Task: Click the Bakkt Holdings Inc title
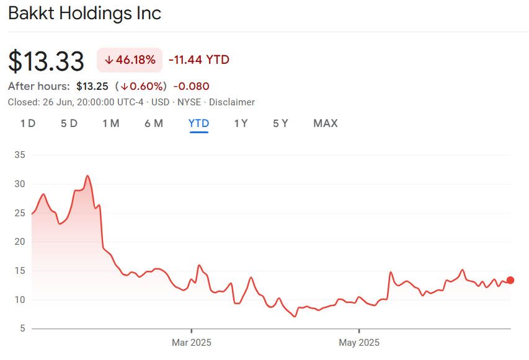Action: tap(85, 13)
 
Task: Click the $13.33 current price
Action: tap(47, 61)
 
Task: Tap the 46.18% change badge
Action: tap(130, 60)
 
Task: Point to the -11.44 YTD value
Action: tap(199, 60)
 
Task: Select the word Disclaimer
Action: tap(231, 102)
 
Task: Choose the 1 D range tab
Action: tap(28, 123)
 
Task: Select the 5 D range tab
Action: tap(69, 123)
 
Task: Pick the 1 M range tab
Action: tap(111, 123)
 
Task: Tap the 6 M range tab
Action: tap(154, 123)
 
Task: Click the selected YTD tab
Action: tap(198, 123)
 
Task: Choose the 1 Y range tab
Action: tap(241, 123)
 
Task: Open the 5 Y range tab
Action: tap(280, 123)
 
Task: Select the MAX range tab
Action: tap(326, 123)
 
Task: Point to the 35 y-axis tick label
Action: tap(19, 155)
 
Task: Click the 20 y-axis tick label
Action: tap(19, 242)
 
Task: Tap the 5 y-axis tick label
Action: tap(22, 328)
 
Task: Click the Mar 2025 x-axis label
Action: tap(192, 342)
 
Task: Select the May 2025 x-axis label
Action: tap(359, 342)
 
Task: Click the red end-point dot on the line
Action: tap(510, 280)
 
